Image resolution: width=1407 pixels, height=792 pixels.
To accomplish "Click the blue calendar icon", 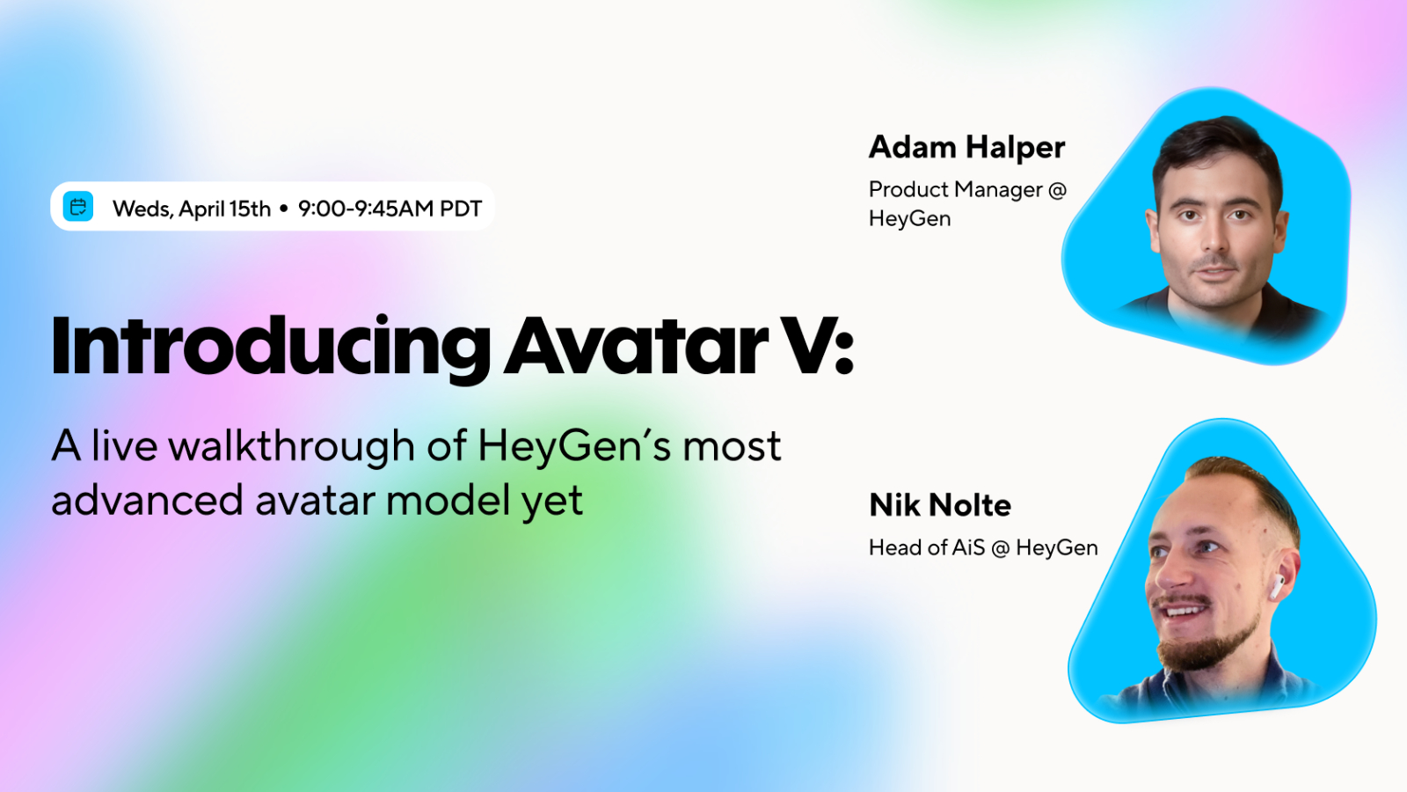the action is [x=78, y=207].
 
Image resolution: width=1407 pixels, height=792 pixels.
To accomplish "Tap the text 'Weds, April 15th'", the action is [x=192, y=209].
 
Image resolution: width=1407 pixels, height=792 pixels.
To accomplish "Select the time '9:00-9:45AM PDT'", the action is [x=390, y=209].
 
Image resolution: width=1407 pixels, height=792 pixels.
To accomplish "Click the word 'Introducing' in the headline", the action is [x=271, y=348].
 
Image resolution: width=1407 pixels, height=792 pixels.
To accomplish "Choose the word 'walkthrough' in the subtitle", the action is [x=291, y=446].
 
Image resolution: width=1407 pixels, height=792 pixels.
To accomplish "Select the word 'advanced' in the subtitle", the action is [x=147, y=501].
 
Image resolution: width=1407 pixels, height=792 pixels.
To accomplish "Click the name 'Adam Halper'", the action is [x=966, y=148].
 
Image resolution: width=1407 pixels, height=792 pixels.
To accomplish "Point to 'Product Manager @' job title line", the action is [x=968, y=189].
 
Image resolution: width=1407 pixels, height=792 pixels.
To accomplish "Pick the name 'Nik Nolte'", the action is [x=940, y=505].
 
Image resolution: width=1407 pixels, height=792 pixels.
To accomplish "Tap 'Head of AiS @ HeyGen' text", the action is [x=984, y=547].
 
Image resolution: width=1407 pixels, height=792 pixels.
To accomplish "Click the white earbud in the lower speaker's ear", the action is [x=1278, y=586].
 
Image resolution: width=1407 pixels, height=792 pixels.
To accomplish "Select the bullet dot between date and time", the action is [x=284, y=209].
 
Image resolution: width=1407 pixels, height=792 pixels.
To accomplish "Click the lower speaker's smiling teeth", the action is [x=1182, y=611].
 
